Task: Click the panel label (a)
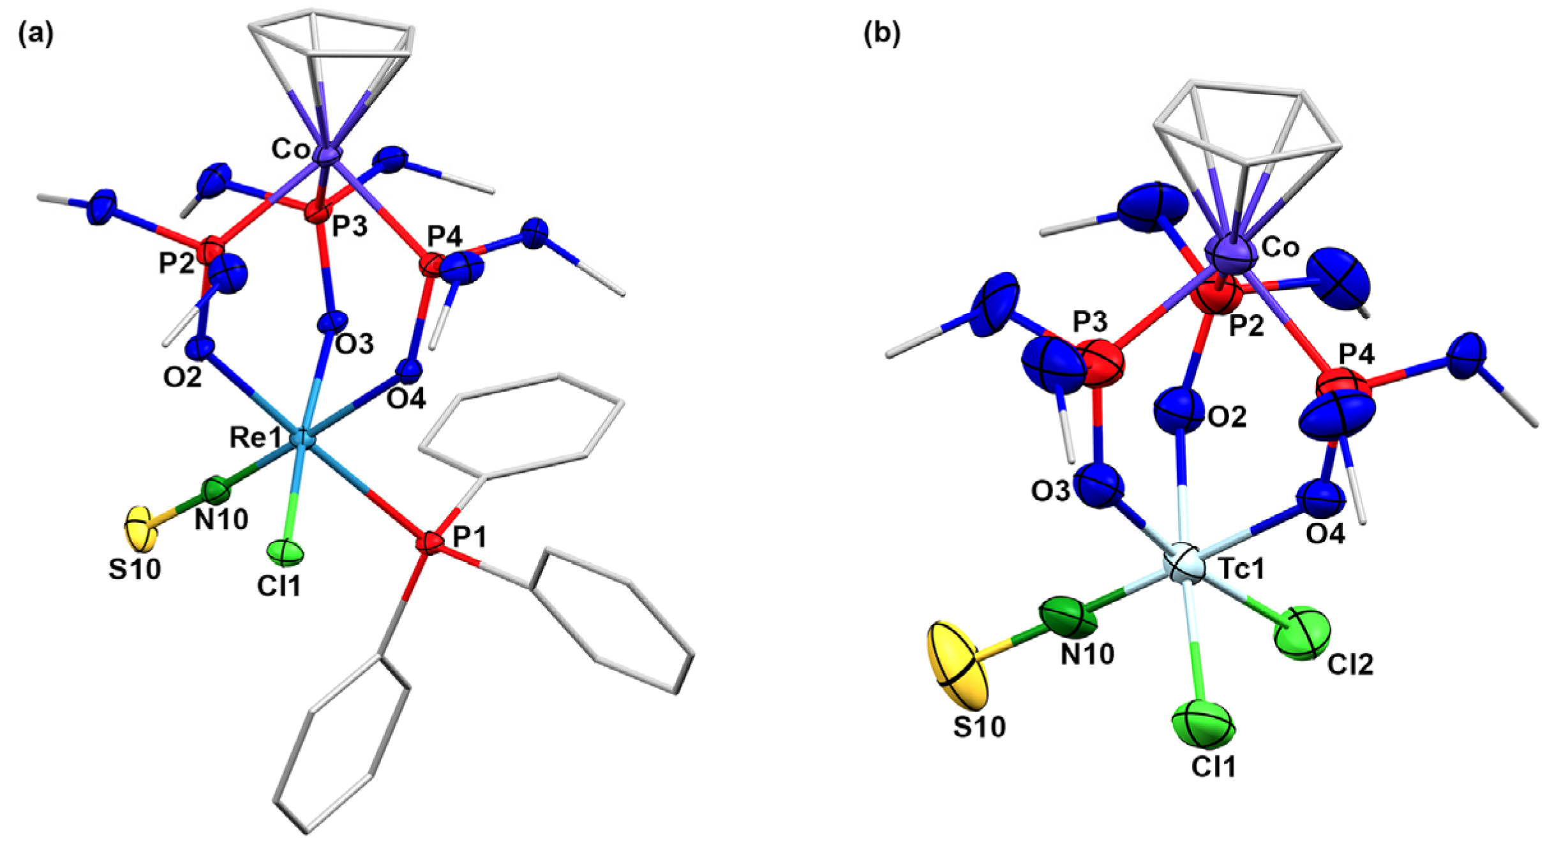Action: point(36,34)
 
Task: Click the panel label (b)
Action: point(881,34)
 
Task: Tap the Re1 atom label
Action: point(255,438)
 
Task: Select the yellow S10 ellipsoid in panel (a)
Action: point(140,529)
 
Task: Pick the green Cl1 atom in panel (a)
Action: point(285,553)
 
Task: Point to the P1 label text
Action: point(470,538)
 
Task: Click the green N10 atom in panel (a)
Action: point(216,490)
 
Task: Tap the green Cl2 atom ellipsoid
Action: point(1302,633)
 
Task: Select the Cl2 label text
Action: point(1350,665)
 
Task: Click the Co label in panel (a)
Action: point(290,149)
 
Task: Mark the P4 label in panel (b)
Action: point(1356,352)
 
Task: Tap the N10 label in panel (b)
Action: point(1087,654)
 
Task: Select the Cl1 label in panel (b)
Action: point(1213,766)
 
